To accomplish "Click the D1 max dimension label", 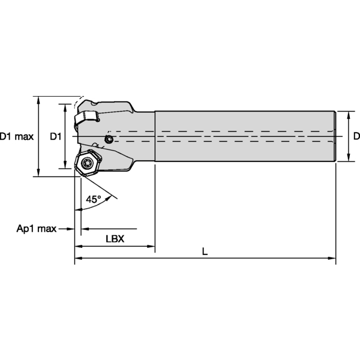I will click(17, 136).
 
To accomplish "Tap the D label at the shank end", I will click(356, 136).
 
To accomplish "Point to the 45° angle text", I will click(93, 199).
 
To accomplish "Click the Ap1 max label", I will click(36, 229).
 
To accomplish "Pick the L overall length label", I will click(205, 252).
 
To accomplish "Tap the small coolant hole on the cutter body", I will click(108, 140).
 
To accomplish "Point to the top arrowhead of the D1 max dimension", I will click(39, 99).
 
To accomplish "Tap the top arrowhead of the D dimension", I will click(347, 114).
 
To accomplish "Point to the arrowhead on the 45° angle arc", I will click(79, 209).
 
